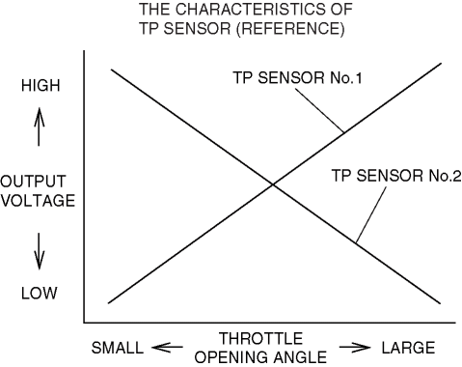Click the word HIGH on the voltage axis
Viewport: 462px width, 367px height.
(x=41, y=86)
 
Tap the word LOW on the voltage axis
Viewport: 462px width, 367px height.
(x=40, y=294)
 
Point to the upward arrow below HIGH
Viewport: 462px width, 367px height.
(x=39, y=127)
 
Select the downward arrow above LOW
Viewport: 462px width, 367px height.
(x=39, y=251)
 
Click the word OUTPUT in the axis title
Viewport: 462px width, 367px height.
(x=33, y=182)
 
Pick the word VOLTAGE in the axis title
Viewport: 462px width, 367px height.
(x=38, y=201)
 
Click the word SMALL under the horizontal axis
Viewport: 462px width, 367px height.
(x=118, y=348)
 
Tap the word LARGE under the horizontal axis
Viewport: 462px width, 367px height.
(x=408, y=348)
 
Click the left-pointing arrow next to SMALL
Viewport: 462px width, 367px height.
(x=167, y=348)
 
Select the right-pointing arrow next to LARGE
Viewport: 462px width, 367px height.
(x=355, y=348)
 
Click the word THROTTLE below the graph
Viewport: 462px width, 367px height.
(x=260, y=339)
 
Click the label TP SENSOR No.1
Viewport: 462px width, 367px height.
(x=297, y=78)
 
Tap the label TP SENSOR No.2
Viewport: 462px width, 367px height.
(x=396, y=176)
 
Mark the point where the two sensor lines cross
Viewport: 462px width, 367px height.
(x=273, y=184)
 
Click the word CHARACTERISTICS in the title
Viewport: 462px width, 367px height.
(x=251, y=10)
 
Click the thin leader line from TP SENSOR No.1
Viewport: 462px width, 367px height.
(x=320, y=110)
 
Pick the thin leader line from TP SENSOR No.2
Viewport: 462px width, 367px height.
(x=371, y=214)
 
